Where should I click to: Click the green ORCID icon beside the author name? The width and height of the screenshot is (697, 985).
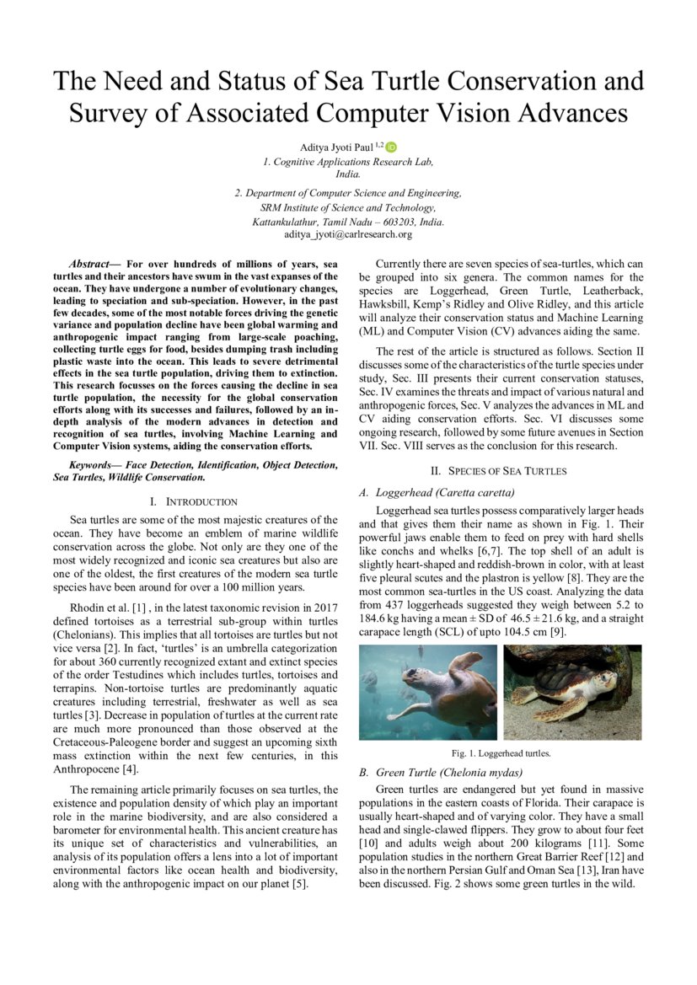(x=392, y=147)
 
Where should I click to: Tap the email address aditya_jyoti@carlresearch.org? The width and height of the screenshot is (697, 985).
(x=348, y=233)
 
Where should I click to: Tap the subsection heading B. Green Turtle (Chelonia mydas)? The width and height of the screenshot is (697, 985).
(x=440, y=773)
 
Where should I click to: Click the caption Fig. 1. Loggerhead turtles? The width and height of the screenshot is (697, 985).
(x=500, y=753)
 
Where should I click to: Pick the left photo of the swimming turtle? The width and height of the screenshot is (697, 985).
(x=427, y=693)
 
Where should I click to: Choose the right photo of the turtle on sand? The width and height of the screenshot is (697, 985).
(x=572, y=693)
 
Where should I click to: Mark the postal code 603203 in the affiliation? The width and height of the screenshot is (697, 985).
(x=395, y=222)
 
